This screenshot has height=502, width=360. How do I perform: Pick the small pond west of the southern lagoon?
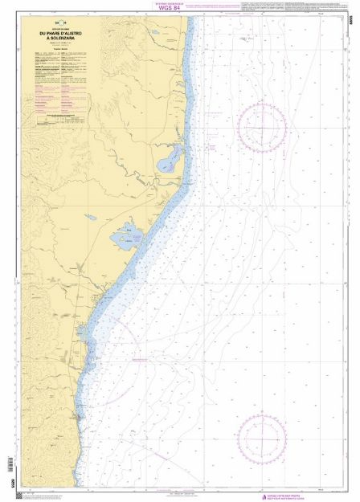pos(92,217)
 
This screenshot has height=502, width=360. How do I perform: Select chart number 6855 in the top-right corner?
pos(352,17)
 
